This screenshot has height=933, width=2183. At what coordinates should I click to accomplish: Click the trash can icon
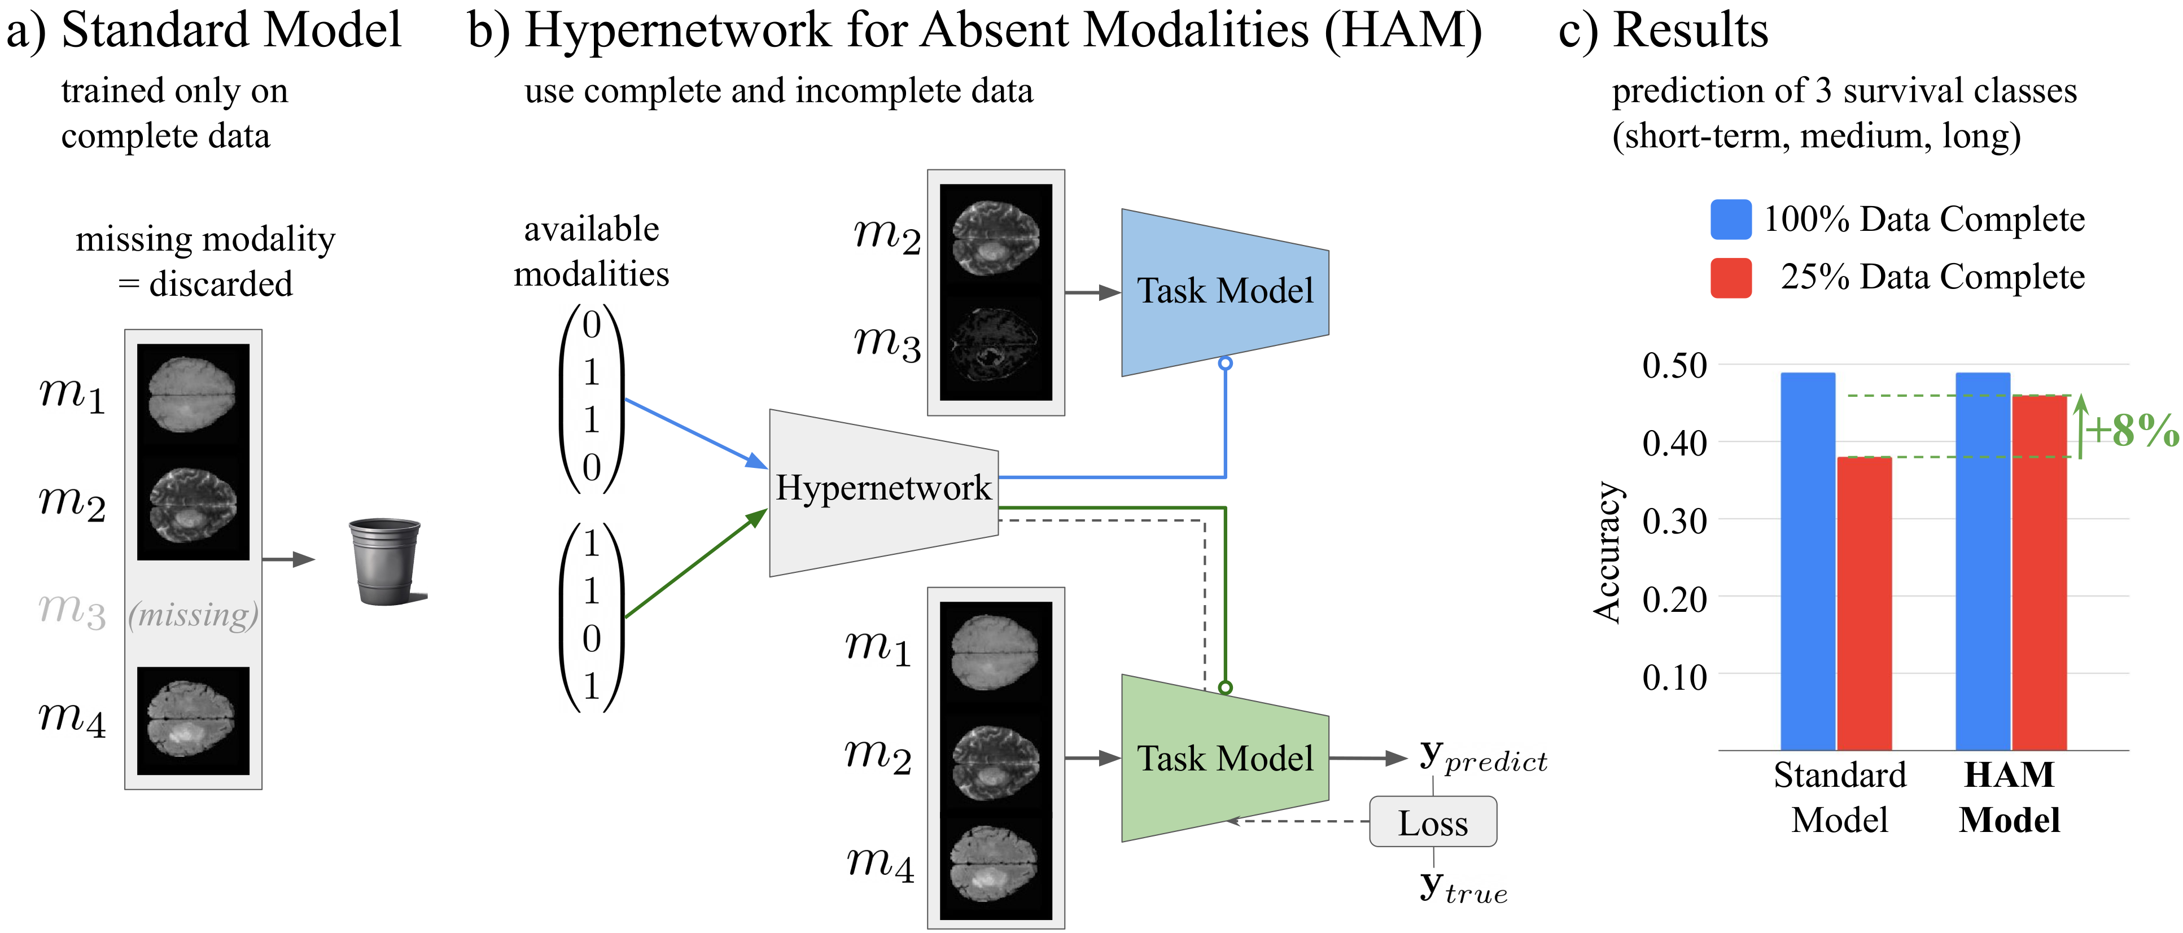387,562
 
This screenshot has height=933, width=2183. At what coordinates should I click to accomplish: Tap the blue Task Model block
1224,292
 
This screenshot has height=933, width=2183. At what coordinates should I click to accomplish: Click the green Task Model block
1224,759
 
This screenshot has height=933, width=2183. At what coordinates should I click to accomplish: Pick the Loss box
1433,822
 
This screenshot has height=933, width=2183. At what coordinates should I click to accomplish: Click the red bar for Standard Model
1865,603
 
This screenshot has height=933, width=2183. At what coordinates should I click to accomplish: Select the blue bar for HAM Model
1983,561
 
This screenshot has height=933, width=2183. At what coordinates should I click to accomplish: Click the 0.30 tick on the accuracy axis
1674,521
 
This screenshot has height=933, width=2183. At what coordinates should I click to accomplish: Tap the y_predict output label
1483,757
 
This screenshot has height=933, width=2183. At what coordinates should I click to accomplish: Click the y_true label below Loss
1464,887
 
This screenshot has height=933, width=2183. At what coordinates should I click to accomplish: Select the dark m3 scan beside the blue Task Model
996,347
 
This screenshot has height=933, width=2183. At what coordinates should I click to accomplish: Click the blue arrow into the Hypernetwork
695,433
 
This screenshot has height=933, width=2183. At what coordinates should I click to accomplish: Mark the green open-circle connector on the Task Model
1226,688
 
